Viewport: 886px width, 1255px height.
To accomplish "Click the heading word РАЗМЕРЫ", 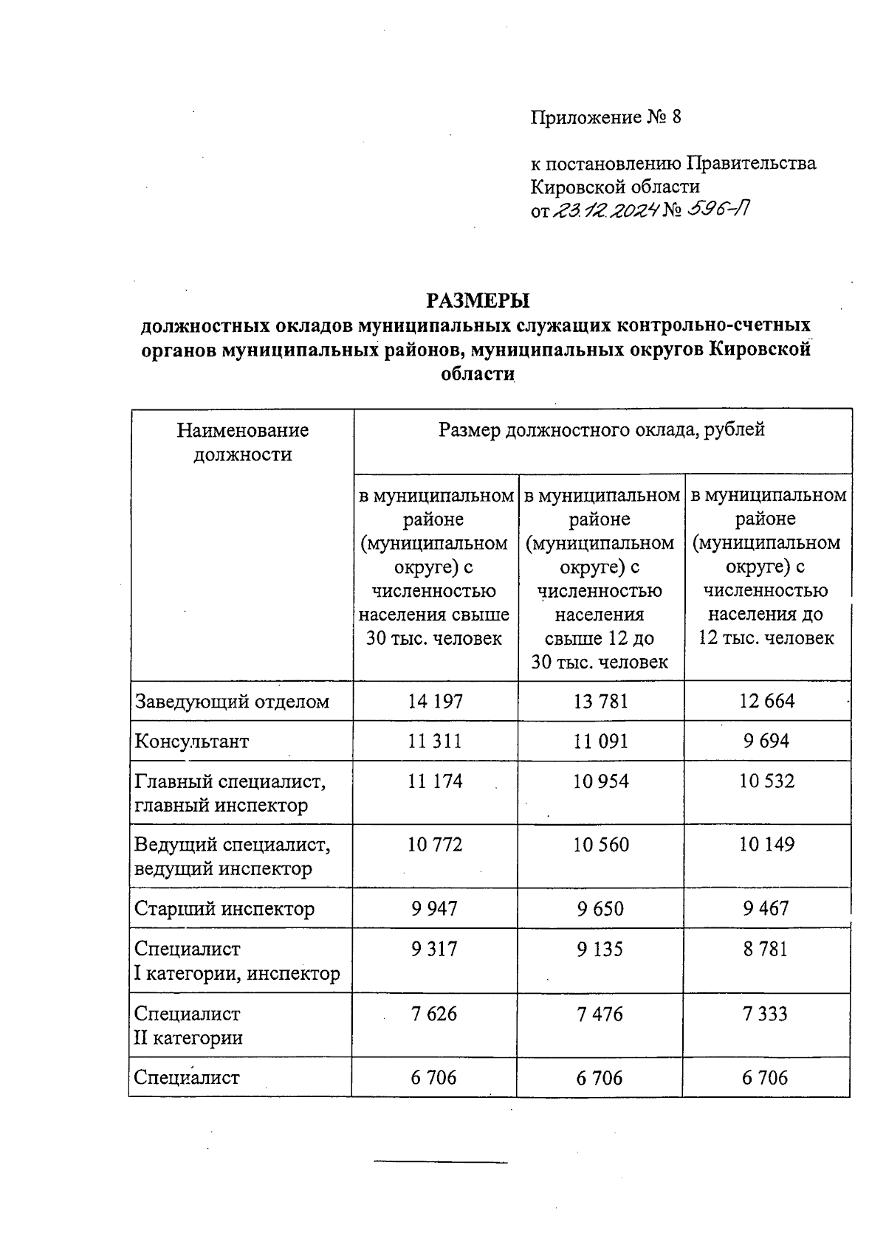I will click(478, 300).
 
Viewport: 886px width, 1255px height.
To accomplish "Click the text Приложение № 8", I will click(605, 117).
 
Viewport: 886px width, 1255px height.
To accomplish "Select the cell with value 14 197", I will click(435, 701).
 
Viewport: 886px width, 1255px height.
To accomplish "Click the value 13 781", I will click(600, 701).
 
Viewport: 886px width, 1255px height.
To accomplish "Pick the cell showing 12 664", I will click(766, 701).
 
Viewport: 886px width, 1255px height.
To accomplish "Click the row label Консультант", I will click(191, 741).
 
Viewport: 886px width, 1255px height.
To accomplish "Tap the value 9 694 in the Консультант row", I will click(766, 741).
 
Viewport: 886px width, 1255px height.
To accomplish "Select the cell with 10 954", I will click(600, 781).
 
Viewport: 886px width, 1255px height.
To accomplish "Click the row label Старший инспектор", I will click(224, 908).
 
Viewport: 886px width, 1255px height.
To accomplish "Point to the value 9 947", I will click(435, 908).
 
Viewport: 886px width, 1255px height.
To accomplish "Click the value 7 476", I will click(600, 1014).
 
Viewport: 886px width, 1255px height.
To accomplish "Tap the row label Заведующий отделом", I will click(231, 701).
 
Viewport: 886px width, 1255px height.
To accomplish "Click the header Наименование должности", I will click(242, 442).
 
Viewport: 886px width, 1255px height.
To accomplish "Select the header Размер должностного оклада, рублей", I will click(601, 429).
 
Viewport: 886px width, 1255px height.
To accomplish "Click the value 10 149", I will click(766, 844).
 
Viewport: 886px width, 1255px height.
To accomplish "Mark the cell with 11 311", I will click(435, 741).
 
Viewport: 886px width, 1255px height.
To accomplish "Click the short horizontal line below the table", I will click(441, 1163).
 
